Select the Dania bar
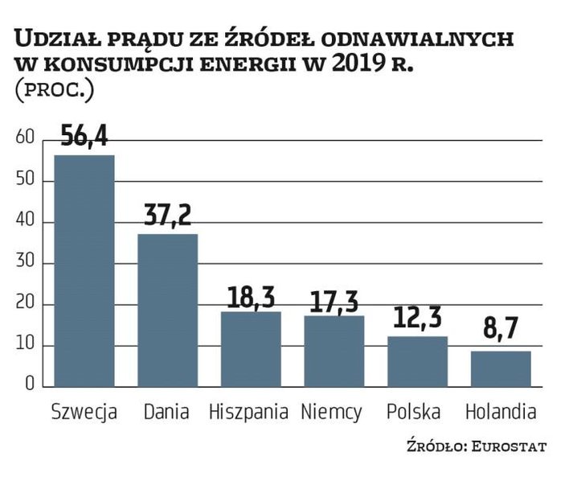[167, 310]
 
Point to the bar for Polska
[417, 362]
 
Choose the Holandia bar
[501, 369]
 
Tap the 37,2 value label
[167, 216]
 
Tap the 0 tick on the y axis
[30, 384]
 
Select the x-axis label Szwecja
[84, 413]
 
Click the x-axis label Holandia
[501, 413]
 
